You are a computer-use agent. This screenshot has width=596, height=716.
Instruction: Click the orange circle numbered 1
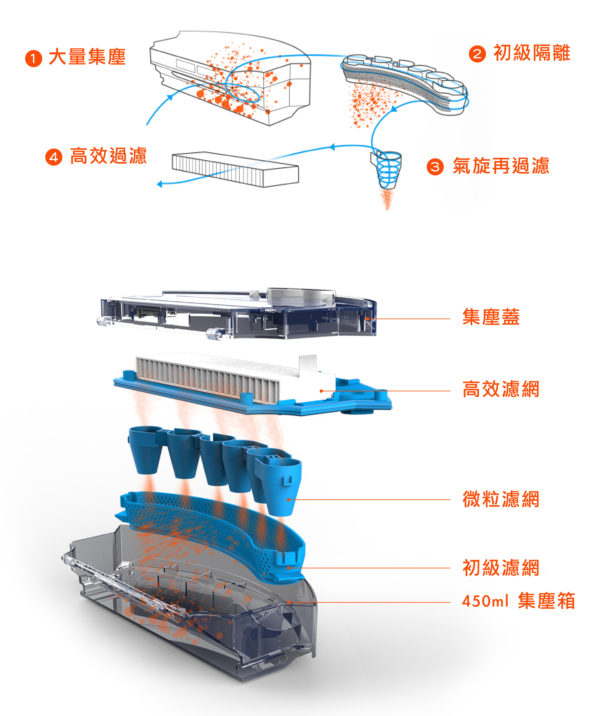tap(33, 59)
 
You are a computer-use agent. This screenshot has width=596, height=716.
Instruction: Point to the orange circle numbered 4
tap(54, 157)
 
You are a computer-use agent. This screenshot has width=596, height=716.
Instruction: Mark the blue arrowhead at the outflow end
tap(159, 185)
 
